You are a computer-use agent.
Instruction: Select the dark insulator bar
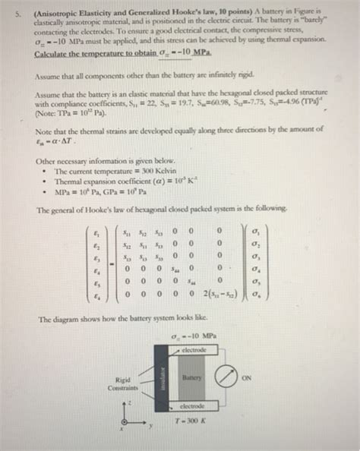tap(159, 378)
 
